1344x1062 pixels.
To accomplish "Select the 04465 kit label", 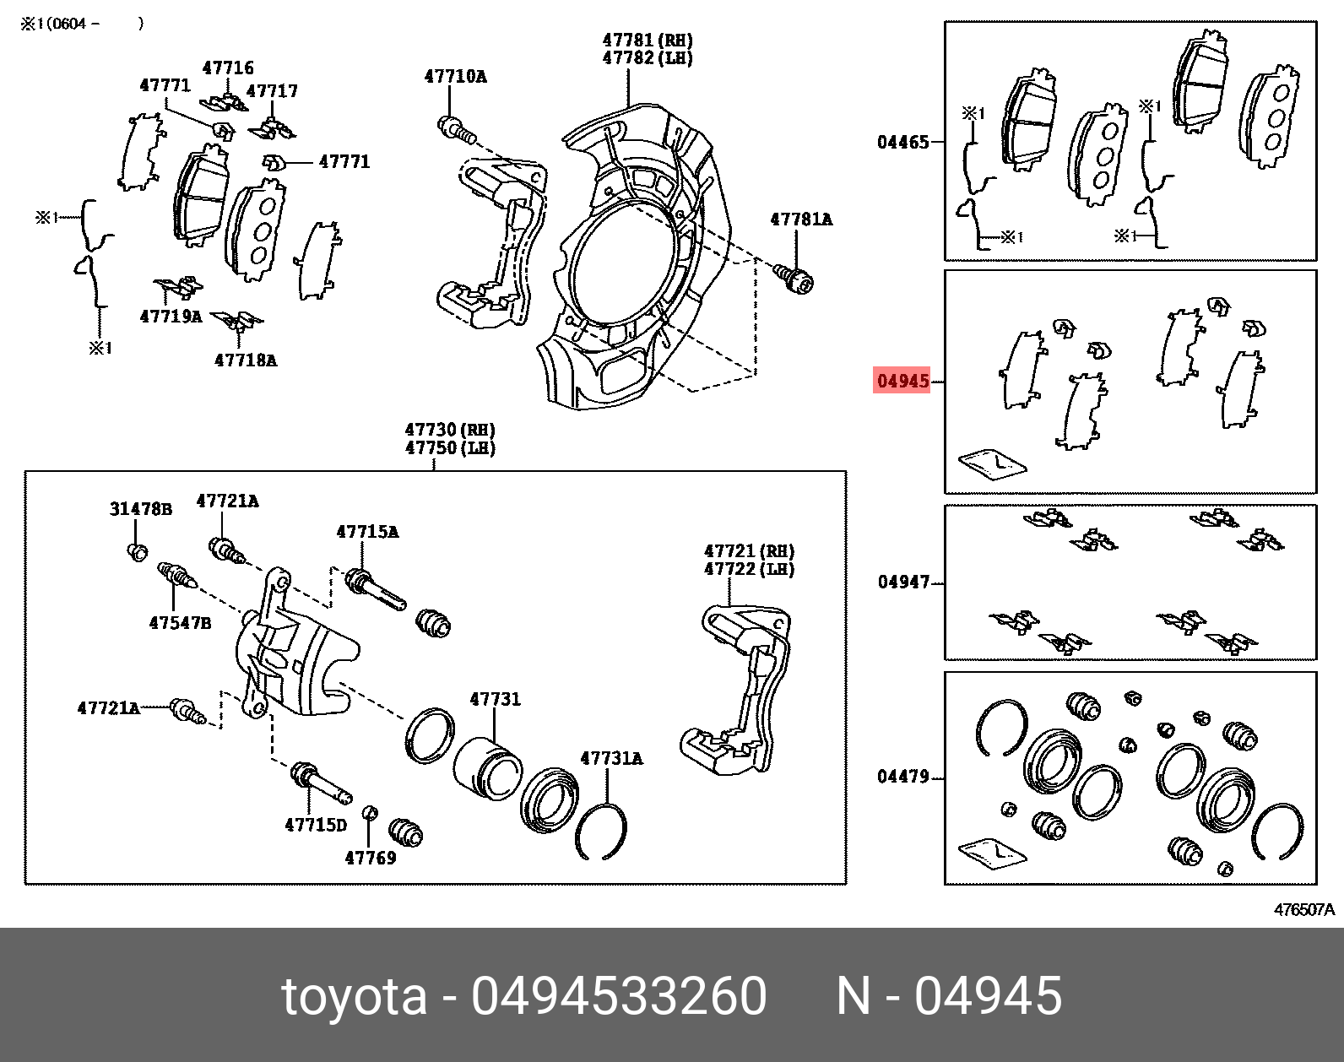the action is pyautogui.click(x=903, y=143).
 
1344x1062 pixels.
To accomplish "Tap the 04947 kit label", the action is pyautogui.click(x=903, y=582).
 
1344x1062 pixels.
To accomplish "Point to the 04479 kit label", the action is pyautogui.click(x=903, y=777).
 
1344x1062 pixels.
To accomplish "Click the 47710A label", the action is pyautogui.click(x=455, y=77).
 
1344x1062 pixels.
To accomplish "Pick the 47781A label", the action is pyautogui.click(x=801, y=219).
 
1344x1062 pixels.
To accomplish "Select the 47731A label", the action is pyautogui.click(x=611, y=758).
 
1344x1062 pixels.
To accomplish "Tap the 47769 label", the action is pyautogui.click(x=371, y=858).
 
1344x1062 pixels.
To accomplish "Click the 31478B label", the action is pyautogui.click(x=140, y=509).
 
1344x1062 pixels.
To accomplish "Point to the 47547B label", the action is pyautogui.click(x=180, y=623).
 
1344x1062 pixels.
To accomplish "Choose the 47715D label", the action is pyautogui.click(x=316, y=826).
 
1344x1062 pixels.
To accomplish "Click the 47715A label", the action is pyautogui.click(x=367, y=532).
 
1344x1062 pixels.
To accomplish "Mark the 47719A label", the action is pyautogui.click(x=171, y=317).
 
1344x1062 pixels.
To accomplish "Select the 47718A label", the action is pyautogui.click(x=246, y=360).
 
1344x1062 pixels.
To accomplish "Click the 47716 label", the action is pyautogui.click(x=228, y=68).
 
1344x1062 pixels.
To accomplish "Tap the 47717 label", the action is pyautogui.click(x=272, y=91).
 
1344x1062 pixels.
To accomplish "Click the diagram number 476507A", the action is pyautogui.click(x=1304, y=909).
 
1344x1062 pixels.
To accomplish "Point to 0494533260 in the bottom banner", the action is pyautogui.click(x=619, y=996).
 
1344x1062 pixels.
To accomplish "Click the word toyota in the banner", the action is pyautogui.click(x=355, y=997).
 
